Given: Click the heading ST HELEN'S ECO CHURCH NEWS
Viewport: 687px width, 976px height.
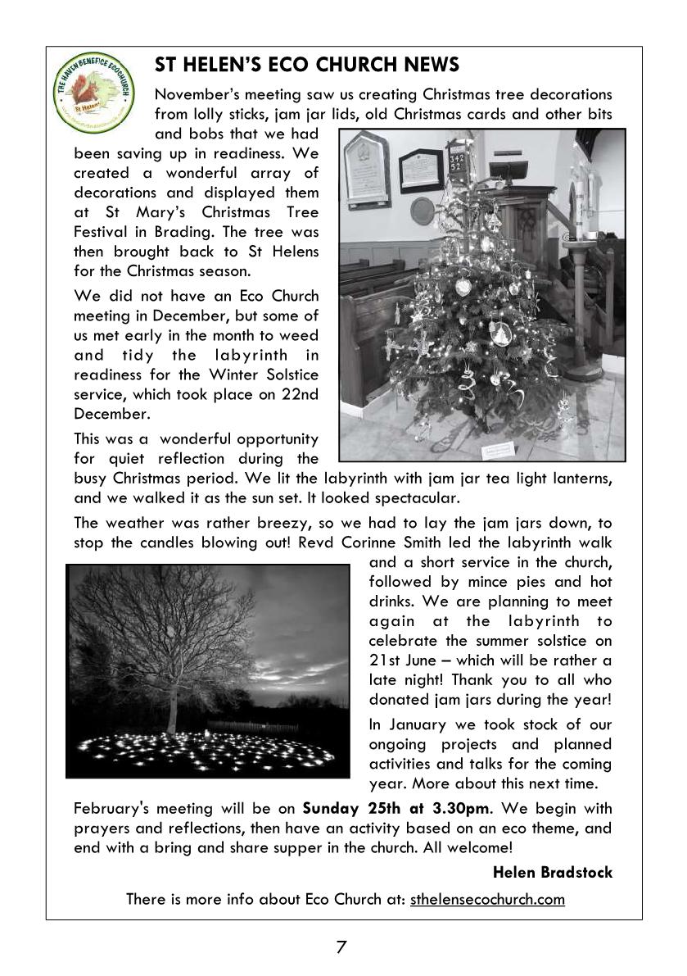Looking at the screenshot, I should [x=307, y=65].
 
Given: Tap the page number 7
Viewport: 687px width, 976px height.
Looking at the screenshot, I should [x=342, y=947].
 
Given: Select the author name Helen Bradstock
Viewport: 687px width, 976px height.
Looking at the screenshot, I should [x=553, y=873].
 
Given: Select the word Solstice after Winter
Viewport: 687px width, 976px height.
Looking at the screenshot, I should [x=287, y=375].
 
